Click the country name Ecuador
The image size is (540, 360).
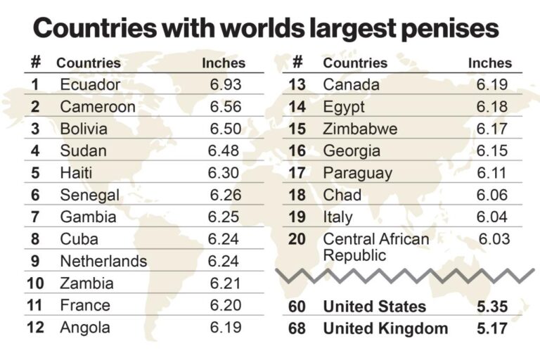90,85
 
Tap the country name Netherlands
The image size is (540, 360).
103,262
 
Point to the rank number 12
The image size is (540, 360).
36,327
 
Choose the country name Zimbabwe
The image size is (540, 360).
360,129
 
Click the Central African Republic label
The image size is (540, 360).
375,247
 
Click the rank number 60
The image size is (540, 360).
297,307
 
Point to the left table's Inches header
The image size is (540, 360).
224,63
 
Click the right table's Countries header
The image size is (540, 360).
355,63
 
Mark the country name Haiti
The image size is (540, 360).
77,173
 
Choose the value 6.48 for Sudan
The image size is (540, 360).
224,151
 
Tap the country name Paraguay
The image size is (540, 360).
357,173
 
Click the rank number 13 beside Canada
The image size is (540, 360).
297,85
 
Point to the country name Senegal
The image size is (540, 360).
89,195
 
